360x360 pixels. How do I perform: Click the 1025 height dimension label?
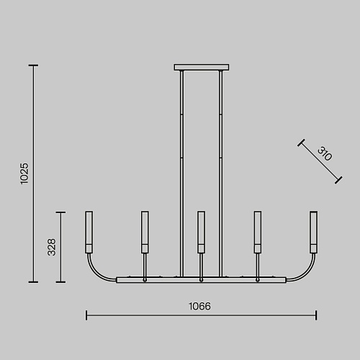click(x=24, y=174)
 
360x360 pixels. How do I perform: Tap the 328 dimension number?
click(x=52, y=247)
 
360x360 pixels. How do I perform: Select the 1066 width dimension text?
click(x=199, y=306)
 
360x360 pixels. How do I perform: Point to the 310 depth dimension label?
click(x=325, y=154)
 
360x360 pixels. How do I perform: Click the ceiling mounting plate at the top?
click(x=202, y=67)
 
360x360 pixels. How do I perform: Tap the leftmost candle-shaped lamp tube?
click(x=89, y=232)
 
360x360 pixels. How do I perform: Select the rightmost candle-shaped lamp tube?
click(x=314, y=232)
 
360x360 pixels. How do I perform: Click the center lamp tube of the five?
click(x=201, y=232)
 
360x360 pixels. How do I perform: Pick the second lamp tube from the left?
click(x=145, y=232)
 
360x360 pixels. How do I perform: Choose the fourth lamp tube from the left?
click(x=258, y=232)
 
